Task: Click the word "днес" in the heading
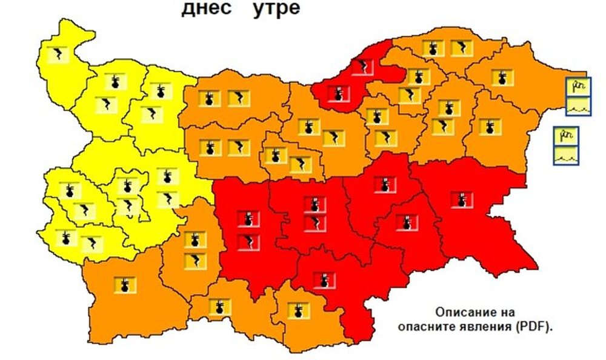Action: [204, 10]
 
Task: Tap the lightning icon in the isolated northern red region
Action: [364, 67]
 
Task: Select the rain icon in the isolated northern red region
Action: [338, 93]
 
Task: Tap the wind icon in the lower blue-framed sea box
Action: [565, 136]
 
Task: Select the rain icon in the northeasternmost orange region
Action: [501, 78]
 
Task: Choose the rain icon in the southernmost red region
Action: [324, 280]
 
